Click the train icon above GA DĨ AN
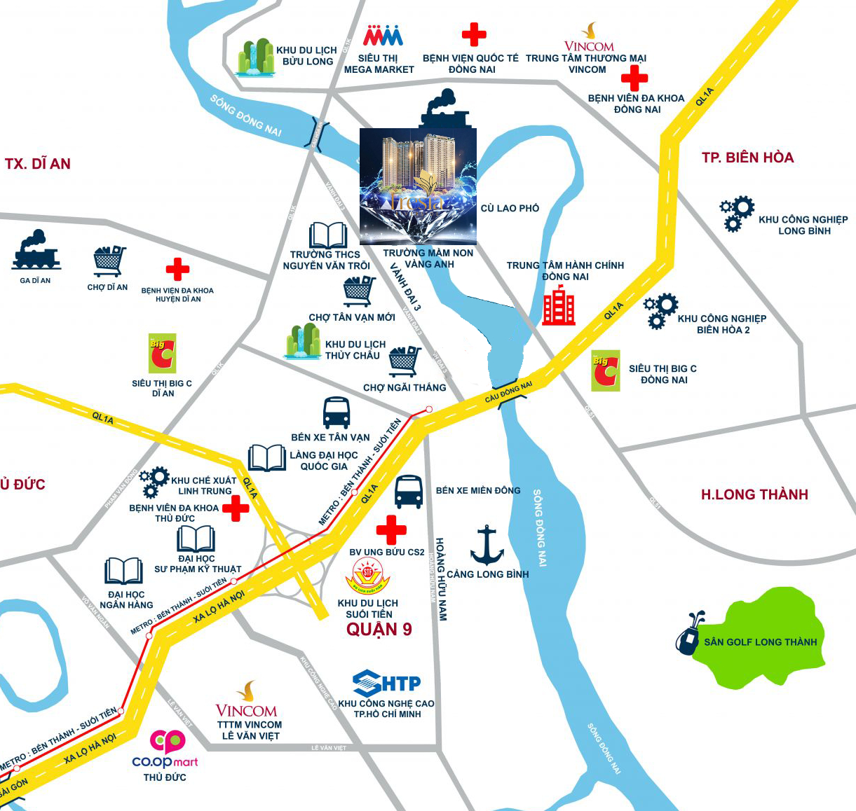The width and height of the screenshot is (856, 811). tap(36, 251)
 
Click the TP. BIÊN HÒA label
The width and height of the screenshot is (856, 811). tap(747, 158)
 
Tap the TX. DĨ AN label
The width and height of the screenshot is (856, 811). tap(38, 164)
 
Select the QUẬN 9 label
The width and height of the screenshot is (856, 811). tap(379, 629)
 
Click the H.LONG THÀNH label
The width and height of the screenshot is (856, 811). tap(754, 494)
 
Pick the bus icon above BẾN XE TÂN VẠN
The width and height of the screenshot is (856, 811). tap(337, 413)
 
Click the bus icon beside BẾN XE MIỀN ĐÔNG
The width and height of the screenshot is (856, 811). tap(409, 492)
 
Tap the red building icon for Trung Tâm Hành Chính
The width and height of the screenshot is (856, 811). tap(559, 306)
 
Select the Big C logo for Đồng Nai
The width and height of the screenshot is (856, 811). tap(606, 370)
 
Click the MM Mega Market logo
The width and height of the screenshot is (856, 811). tap(383, 36)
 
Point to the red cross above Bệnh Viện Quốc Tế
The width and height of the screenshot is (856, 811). tap(474, 34)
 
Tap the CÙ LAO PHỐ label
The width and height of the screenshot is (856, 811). tap(510, 208)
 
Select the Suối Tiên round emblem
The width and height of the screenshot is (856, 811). tap(368, 576)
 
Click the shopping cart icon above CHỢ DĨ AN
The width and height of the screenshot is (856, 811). tap(109, 261)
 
